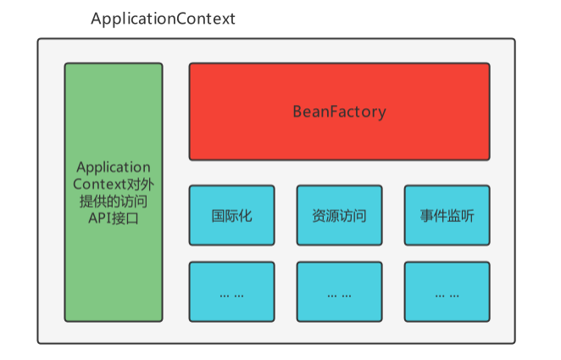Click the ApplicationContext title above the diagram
[x=163, y=19]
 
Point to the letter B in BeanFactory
[x=297, y=112]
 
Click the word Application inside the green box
[x=113, y=167]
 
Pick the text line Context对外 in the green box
[x=113, y=184]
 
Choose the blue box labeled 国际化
[x=231, y=215]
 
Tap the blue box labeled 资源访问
[x=339, y=215]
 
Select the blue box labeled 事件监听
[x=447, y=215]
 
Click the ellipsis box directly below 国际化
[x=231, y=292]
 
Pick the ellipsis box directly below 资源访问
[x=339, y=292]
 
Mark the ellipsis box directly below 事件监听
[x=447, y=292]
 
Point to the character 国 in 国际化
[x=219, y=215]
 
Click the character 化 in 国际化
[x=245, y=215]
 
